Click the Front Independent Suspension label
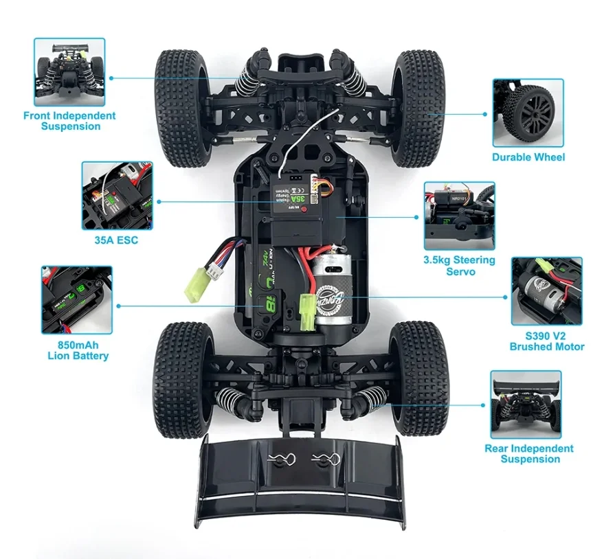click(x=69, y=121)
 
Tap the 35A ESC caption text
click(x=115, y=241)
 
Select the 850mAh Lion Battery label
click(x=78, y=350)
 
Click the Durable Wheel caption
click(x=528, y=157)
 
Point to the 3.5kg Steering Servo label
click(x=459, y=265)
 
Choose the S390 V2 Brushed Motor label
click(x=547, y=341)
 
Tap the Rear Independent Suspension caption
click(x=529, y=453)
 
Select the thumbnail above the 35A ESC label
click(x=116, y=196)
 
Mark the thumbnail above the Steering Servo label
click(x=459, y=216)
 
